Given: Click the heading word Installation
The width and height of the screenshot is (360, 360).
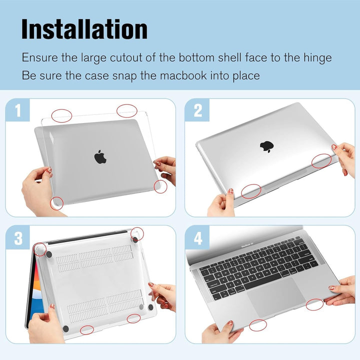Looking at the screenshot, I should pos(84,29).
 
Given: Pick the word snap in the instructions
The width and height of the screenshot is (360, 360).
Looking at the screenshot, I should pos(117,76).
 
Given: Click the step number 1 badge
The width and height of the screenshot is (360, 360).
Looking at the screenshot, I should pos(18,111).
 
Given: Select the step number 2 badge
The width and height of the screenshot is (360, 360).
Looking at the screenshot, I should pos(197,111).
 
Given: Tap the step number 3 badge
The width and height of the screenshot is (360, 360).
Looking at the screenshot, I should pos(18,238).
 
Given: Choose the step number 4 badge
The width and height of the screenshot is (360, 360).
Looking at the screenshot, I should pos(197,238).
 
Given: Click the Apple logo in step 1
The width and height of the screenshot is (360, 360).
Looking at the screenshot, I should pos(100,156).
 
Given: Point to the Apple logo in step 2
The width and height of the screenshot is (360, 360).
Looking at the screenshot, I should pos(266,146).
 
